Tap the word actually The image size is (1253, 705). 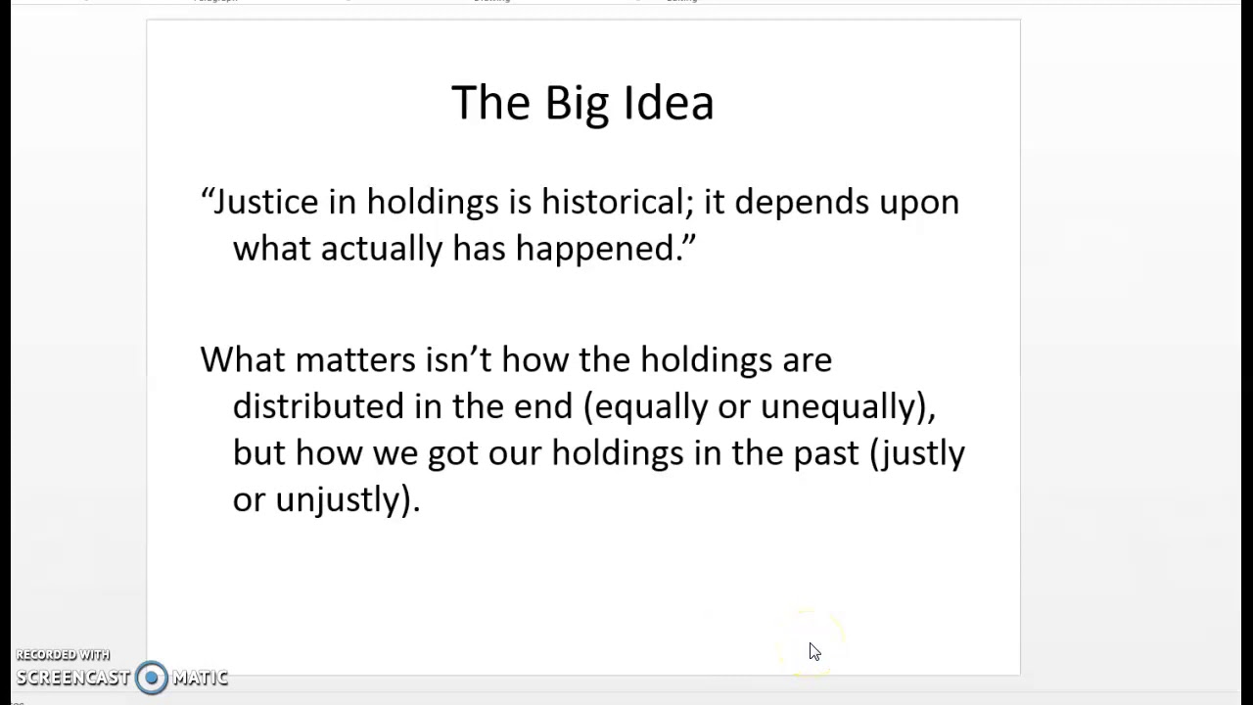coord(381,249)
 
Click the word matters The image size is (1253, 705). coord(355,359)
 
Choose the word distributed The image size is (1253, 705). coord(318,405)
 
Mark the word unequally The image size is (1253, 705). coord(842,406)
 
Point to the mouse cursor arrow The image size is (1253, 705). coord(813,651)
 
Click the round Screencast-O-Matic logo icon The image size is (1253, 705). coord(151,678)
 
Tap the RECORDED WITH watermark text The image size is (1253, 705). coord(63,655)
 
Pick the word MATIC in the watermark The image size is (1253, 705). coord(200,678)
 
